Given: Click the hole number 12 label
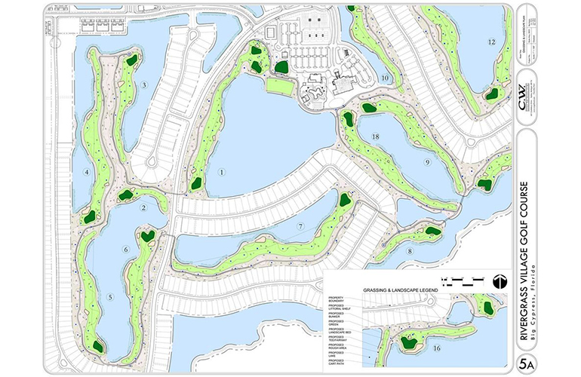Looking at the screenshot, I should coord(491,42).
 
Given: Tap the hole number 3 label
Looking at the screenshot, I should coord(144,86).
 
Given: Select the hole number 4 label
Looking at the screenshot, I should coord(87,173).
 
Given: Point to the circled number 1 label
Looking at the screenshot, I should coord(222,172).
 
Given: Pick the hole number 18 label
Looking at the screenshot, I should coord(375,135).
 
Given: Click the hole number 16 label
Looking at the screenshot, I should coord(437,348).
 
